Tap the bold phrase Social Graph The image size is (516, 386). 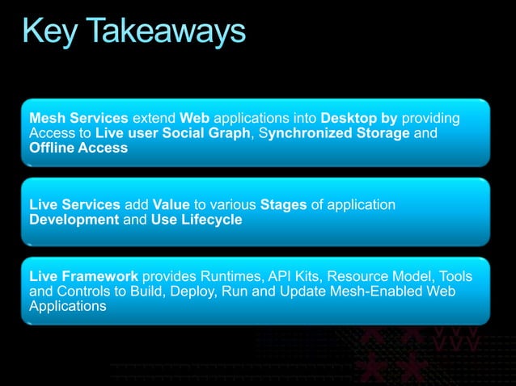(x=206, y=133)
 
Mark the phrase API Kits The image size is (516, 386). (x=302, y=277)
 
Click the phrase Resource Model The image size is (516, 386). (x=384, y=277)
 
